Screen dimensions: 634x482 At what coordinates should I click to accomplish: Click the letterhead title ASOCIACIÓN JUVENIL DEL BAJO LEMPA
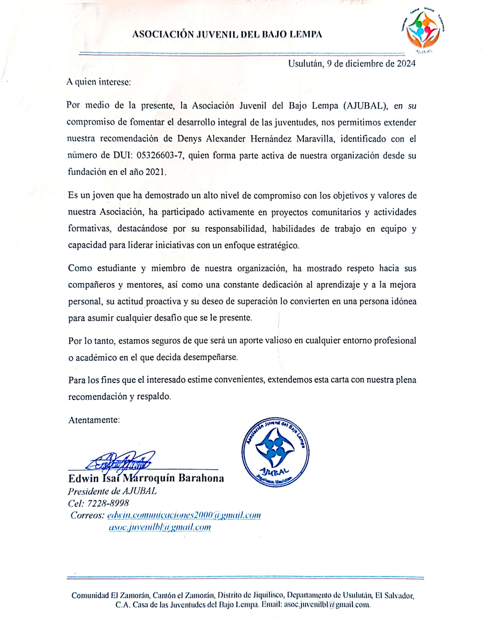(227, 35)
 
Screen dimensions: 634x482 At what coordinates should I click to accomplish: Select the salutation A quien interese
(99, 82)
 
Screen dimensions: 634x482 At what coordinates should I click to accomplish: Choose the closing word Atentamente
(94, 420)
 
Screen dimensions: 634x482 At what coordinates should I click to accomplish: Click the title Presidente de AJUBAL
(113, 491)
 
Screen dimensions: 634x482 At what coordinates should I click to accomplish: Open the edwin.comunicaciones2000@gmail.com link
(184, 515)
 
